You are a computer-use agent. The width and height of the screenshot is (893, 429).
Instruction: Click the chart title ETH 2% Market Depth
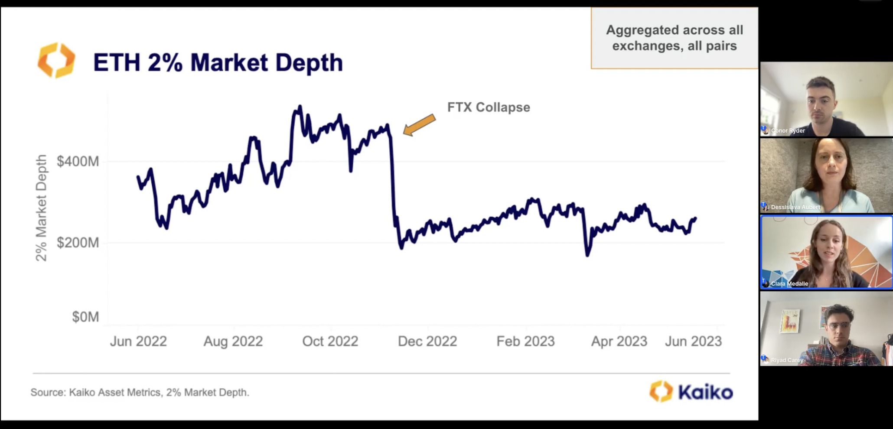pyautogui.click(x=218, y=63)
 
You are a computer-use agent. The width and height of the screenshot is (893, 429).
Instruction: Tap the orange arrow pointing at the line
pyautogui.click(x=419, y=125)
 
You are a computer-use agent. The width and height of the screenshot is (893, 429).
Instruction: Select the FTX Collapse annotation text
pyautogui.click(x=489, y=107)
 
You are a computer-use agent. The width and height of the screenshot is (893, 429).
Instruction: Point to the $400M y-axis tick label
pyautogui.click(x=78, y=162)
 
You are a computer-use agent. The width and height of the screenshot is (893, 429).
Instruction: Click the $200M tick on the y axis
pyautogui.click(x=78, y=243)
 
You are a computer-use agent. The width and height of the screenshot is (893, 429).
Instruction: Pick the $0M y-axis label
pyautogui.click(x=85, y=317)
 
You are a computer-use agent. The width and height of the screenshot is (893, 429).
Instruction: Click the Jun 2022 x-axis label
pyautogui.click(x=138, y=341)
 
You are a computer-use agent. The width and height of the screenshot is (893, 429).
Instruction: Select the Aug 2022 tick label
pyautogui.click(x=233, y=341)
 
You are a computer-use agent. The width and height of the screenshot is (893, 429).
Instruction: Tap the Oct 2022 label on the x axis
pyautogui.click(x=330, y=341)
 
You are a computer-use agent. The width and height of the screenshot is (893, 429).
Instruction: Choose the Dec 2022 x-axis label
pyautogui.click(x=427, y=341)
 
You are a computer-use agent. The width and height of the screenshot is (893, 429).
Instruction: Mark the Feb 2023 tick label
pyautogui.click(x=525, y=341)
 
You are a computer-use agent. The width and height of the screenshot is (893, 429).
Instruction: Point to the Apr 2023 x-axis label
pyautogui.click(x=619, y=341)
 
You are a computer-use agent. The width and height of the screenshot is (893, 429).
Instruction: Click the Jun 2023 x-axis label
pyautogui.click(x=693, y=341)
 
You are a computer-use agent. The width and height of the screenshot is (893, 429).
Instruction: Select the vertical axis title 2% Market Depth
pyautogui.click(x=41, y=208)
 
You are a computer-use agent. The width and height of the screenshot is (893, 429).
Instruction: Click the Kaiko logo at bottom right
pyautogui.click(x=691, y=392)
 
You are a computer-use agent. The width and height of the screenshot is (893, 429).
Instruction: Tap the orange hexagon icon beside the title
pyautogui.click(x=56, y=61)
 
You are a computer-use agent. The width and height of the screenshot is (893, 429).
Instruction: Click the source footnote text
pyautogui.click(x=140, y=392)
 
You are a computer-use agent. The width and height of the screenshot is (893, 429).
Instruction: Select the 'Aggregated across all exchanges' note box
pyautogui.click(x=675, y=38)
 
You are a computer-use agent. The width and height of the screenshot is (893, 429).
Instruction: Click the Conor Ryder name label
pyautogui.click(x=788, y=130)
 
